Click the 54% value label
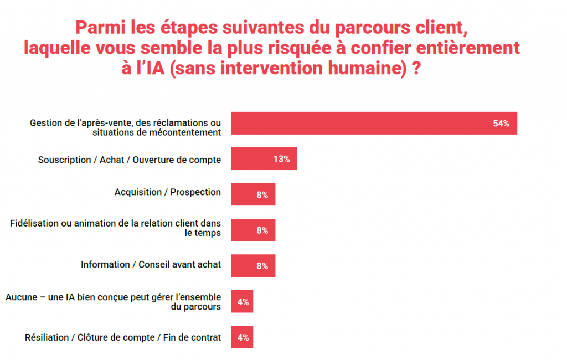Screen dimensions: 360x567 [x=501, y=124]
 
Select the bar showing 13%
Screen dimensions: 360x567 [x=264, y=159]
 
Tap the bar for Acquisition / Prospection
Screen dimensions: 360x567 [x=252, y=194]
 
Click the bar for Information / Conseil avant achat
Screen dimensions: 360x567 [x=252, y=266]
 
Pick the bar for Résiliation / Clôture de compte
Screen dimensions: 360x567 [x=241, y=337]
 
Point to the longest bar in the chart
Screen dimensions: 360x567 [x=374, y=124]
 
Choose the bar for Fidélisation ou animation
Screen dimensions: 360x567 [x=252, y=230]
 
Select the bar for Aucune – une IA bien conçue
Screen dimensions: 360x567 [x=241, y=301]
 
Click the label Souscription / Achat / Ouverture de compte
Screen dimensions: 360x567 [x=130, y=160]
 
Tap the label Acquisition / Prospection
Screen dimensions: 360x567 [x=167, y=192]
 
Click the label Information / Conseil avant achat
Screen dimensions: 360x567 [x=151, y=264]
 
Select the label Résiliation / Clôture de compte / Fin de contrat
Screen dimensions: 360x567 [x=123, y=337]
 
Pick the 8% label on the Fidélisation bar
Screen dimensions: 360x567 [x=262, y=230]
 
